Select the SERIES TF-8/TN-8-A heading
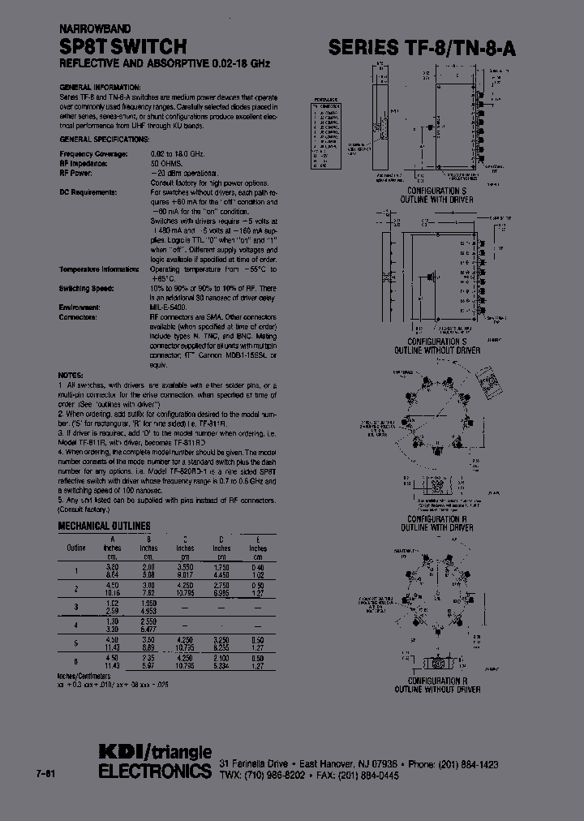click(422, 48)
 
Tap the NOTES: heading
click(71, 374)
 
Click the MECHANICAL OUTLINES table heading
click(105, 526)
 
